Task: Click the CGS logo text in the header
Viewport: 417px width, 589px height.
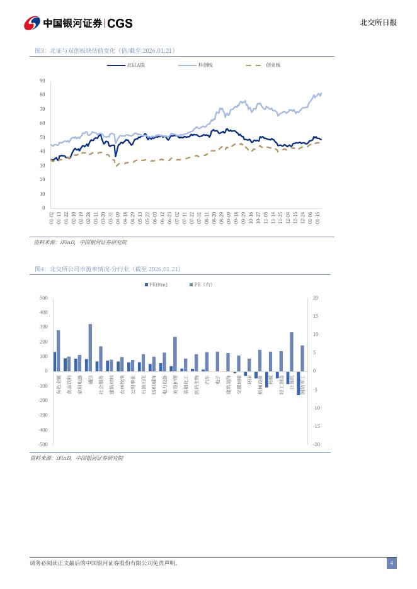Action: coord(120,23)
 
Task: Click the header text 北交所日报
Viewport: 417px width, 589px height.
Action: coord(378,23)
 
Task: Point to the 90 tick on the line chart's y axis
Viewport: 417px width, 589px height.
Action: coord(42,81)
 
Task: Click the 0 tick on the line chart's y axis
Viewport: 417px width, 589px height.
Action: coord(43,208)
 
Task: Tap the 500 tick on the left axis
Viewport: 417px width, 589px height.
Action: coord(43,298)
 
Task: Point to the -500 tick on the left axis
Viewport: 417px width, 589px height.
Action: coord(42,444)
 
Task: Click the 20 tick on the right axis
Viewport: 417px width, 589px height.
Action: coord(316,298)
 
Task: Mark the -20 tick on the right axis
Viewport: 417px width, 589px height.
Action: coord(316,444)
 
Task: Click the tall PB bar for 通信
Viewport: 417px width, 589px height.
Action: coord(90,347)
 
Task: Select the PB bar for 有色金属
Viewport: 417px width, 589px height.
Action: coord(59,351)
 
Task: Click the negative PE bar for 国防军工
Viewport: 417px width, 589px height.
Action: coord(299,383)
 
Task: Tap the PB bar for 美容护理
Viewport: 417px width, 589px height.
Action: coord(174,354)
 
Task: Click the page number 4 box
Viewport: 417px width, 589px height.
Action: coord(391,563)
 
